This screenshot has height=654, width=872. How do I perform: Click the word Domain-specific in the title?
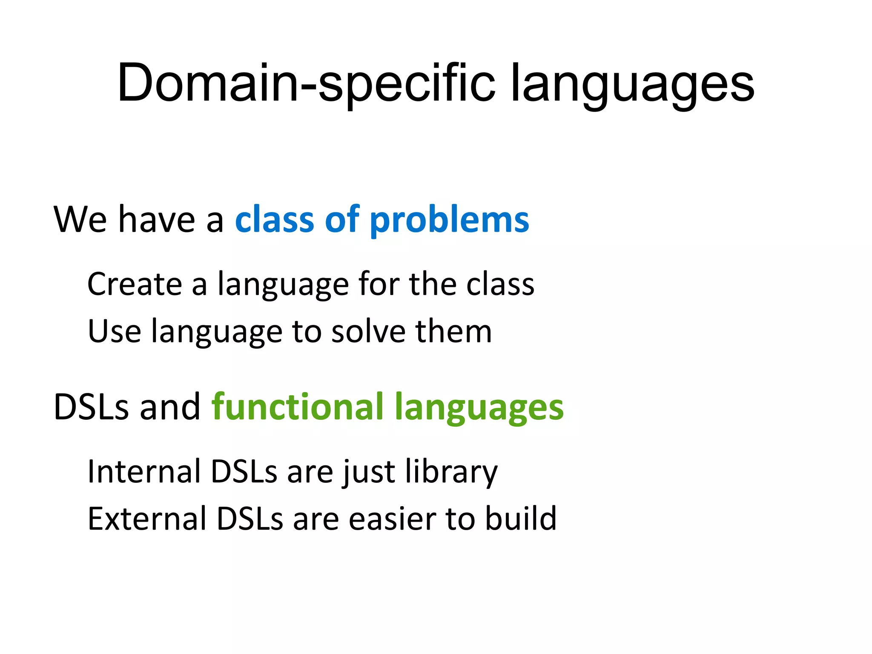[x=307, y=83]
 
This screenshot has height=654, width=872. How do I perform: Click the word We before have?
[x=80, y=220]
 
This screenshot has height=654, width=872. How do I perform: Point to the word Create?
[x=135, y=284]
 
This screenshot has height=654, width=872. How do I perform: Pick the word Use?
[x=114, y=331]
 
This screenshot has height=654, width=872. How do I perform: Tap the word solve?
[x=369, y=331]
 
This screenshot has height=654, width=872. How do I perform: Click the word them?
[x=454, y=331]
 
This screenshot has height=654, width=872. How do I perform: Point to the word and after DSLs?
[x=170, y=407]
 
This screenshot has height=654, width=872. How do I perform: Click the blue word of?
[x=342, y=220]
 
